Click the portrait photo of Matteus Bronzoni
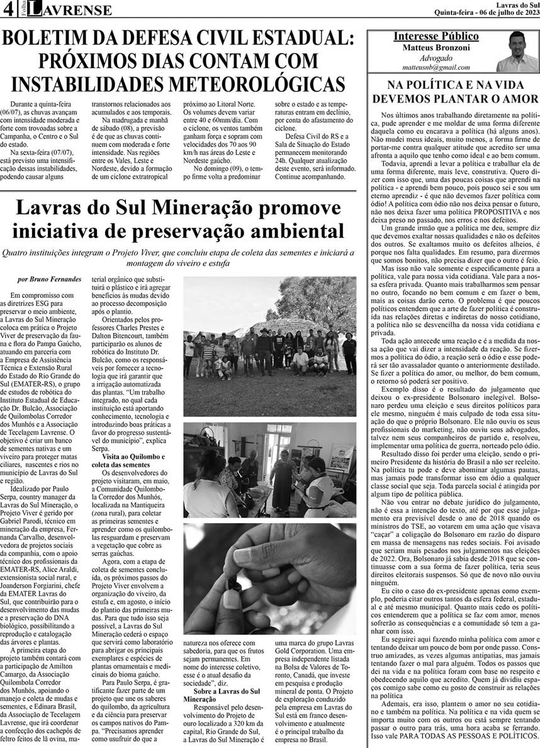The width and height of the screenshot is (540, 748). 516,52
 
